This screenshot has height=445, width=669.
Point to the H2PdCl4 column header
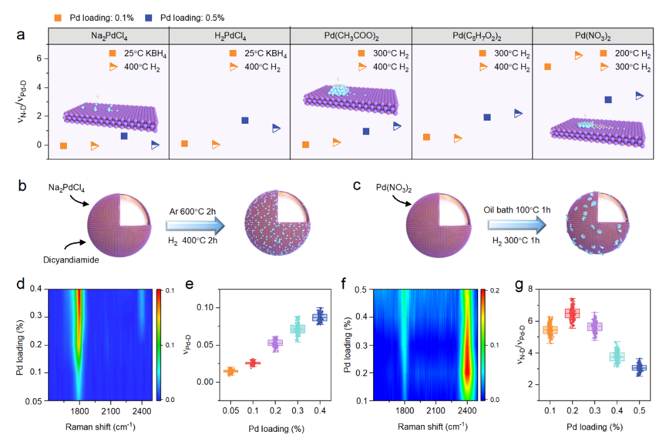click(229, 36)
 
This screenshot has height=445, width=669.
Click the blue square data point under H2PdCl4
click(245, 120)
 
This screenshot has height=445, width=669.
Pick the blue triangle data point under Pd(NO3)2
click(640, 96)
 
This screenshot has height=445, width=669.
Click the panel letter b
click(22, 186)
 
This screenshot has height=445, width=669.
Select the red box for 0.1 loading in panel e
click(253, 363)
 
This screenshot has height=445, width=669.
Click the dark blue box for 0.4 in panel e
click(320, 317)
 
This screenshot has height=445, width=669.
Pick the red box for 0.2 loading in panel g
click(572, 313)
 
